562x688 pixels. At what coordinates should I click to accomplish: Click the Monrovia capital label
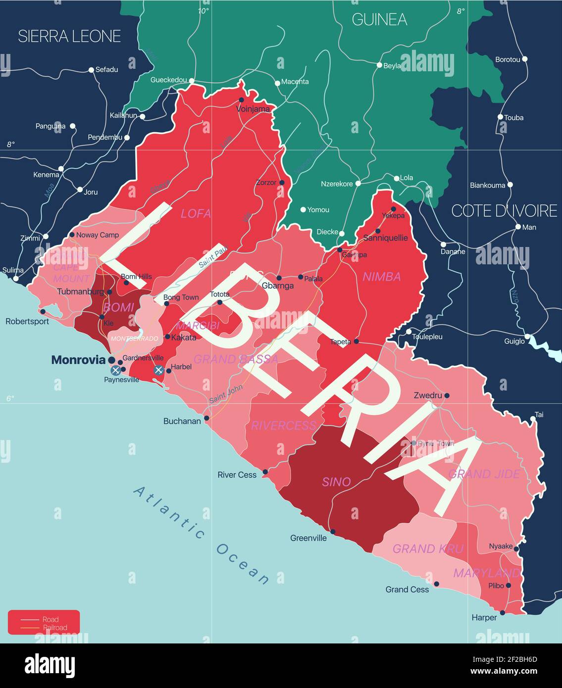click(x=78, y=360)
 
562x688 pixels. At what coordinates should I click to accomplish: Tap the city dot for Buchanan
click(x=206, y=418)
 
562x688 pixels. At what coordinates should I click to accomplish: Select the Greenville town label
click(x=308, y=538)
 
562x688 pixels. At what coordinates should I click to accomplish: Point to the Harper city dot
click(x=503, y=613)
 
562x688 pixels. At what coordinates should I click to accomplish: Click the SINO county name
click(x=337, y=482)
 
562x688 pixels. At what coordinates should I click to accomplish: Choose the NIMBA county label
click(x=382, y=277)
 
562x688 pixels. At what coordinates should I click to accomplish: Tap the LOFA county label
click(x=196, y=214)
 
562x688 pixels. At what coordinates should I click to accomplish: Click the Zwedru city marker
click(x=447, y=395)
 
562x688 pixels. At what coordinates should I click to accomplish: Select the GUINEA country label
click(x=379, y=19)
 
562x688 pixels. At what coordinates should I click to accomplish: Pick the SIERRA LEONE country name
click(x=69, y=36)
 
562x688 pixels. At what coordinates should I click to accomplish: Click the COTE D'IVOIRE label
click(x=504, y=211)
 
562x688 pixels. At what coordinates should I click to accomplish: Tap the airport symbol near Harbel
click(x=158, y=370)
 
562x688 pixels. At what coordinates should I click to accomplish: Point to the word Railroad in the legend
click(x=54, y=628)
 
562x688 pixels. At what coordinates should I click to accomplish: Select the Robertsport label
click(x=27, y=321)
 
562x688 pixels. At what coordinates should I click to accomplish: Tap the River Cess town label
click(x=237, y=475)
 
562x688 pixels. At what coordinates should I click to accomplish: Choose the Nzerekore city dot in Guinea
click(x=358, y=183)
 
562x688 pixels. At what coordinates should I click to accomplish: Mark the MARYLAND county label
click(x=487, y=573)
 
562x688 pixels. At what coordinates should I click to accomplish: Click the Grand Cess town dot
click(x=436, y=584)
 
